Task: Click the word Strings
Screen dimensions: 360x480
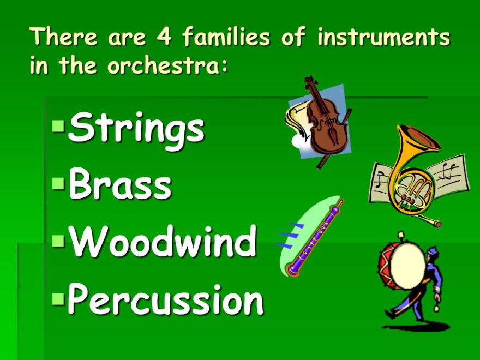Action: (x=136, y=129)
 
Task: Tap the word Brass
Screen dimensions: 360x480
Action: (x=120, y=185)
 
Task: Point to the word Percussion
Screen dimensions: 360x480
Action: (x=165, y=299)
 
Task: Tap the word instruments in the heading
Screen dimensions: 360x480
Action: (x=383, y=38)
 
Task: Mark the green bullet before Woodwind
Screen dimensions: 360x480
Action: (x=58, y=241)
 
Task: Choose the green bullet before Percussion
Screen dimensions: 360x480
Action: (x=58, y=298)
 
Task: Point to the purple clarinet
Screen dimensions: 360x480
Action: (x=316, y=237)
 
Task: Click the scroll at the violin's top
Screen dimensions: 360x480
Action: (x=310, y=82)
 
